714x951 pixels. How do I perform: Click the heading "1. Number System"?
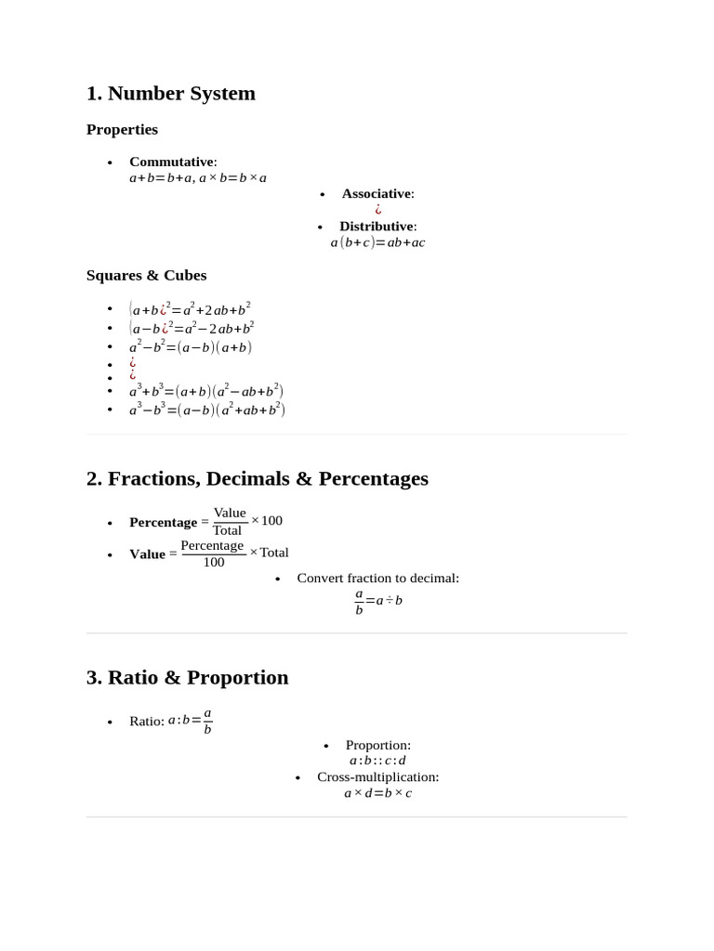click(x=170, y=94)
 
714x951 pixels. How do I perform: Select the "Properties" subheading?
click(x=122, y=129)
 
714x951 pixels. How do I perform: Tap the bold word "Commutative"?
click(x=171, y=162)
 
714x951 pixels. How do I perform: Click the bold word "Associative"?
click(x=376, y=193)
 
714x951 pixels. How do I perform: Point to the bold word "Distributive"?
click(x=376, y=226)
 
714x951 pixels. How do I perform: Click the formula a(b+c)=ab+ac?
click(x=377, y=242)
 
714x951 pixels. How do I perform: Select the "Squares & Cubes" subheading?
click(x=146, y=275)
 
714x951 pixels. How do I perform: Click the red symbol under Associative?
click(x=378, y=210)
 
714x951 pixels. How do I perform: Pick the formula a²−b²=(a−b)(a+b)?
click(x=191, y=347)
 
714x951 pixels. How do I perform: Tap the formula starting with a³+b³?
click(x=206, y=392)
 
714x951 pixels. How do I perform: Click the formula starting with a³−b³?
click(x=206, y=410)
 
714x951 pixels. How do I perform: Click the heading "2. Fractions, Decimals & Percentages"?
click(x=257, y=479)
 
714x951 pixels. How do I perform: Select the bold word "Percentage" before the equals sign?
click(x=163, y=522)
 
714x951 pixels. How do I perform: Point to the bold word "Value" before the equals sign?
click(x=147, y=554)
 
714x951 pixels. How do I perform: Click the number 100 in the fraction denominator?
click(x=214, y=563)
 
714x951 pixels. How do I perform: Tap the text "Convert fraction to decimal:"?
click(x=377, y=578)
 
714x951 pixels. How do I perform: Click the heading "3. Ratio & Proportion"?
click(x=187, y=678)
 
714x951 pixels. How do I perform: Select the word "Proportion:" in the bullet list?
click(x=377, y=745)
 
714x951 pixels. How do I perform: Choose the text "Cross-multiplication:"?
click(x=377, y=776)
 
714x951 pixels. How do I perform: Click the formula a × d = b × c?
click(x=377, y=793)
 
